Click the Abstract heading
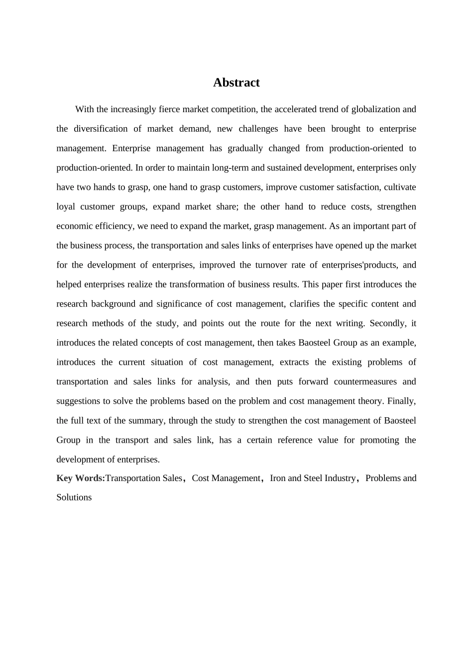236,83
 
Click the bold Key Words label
81,478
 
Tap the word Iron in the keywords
278,478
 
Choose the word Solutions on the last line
74,497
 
